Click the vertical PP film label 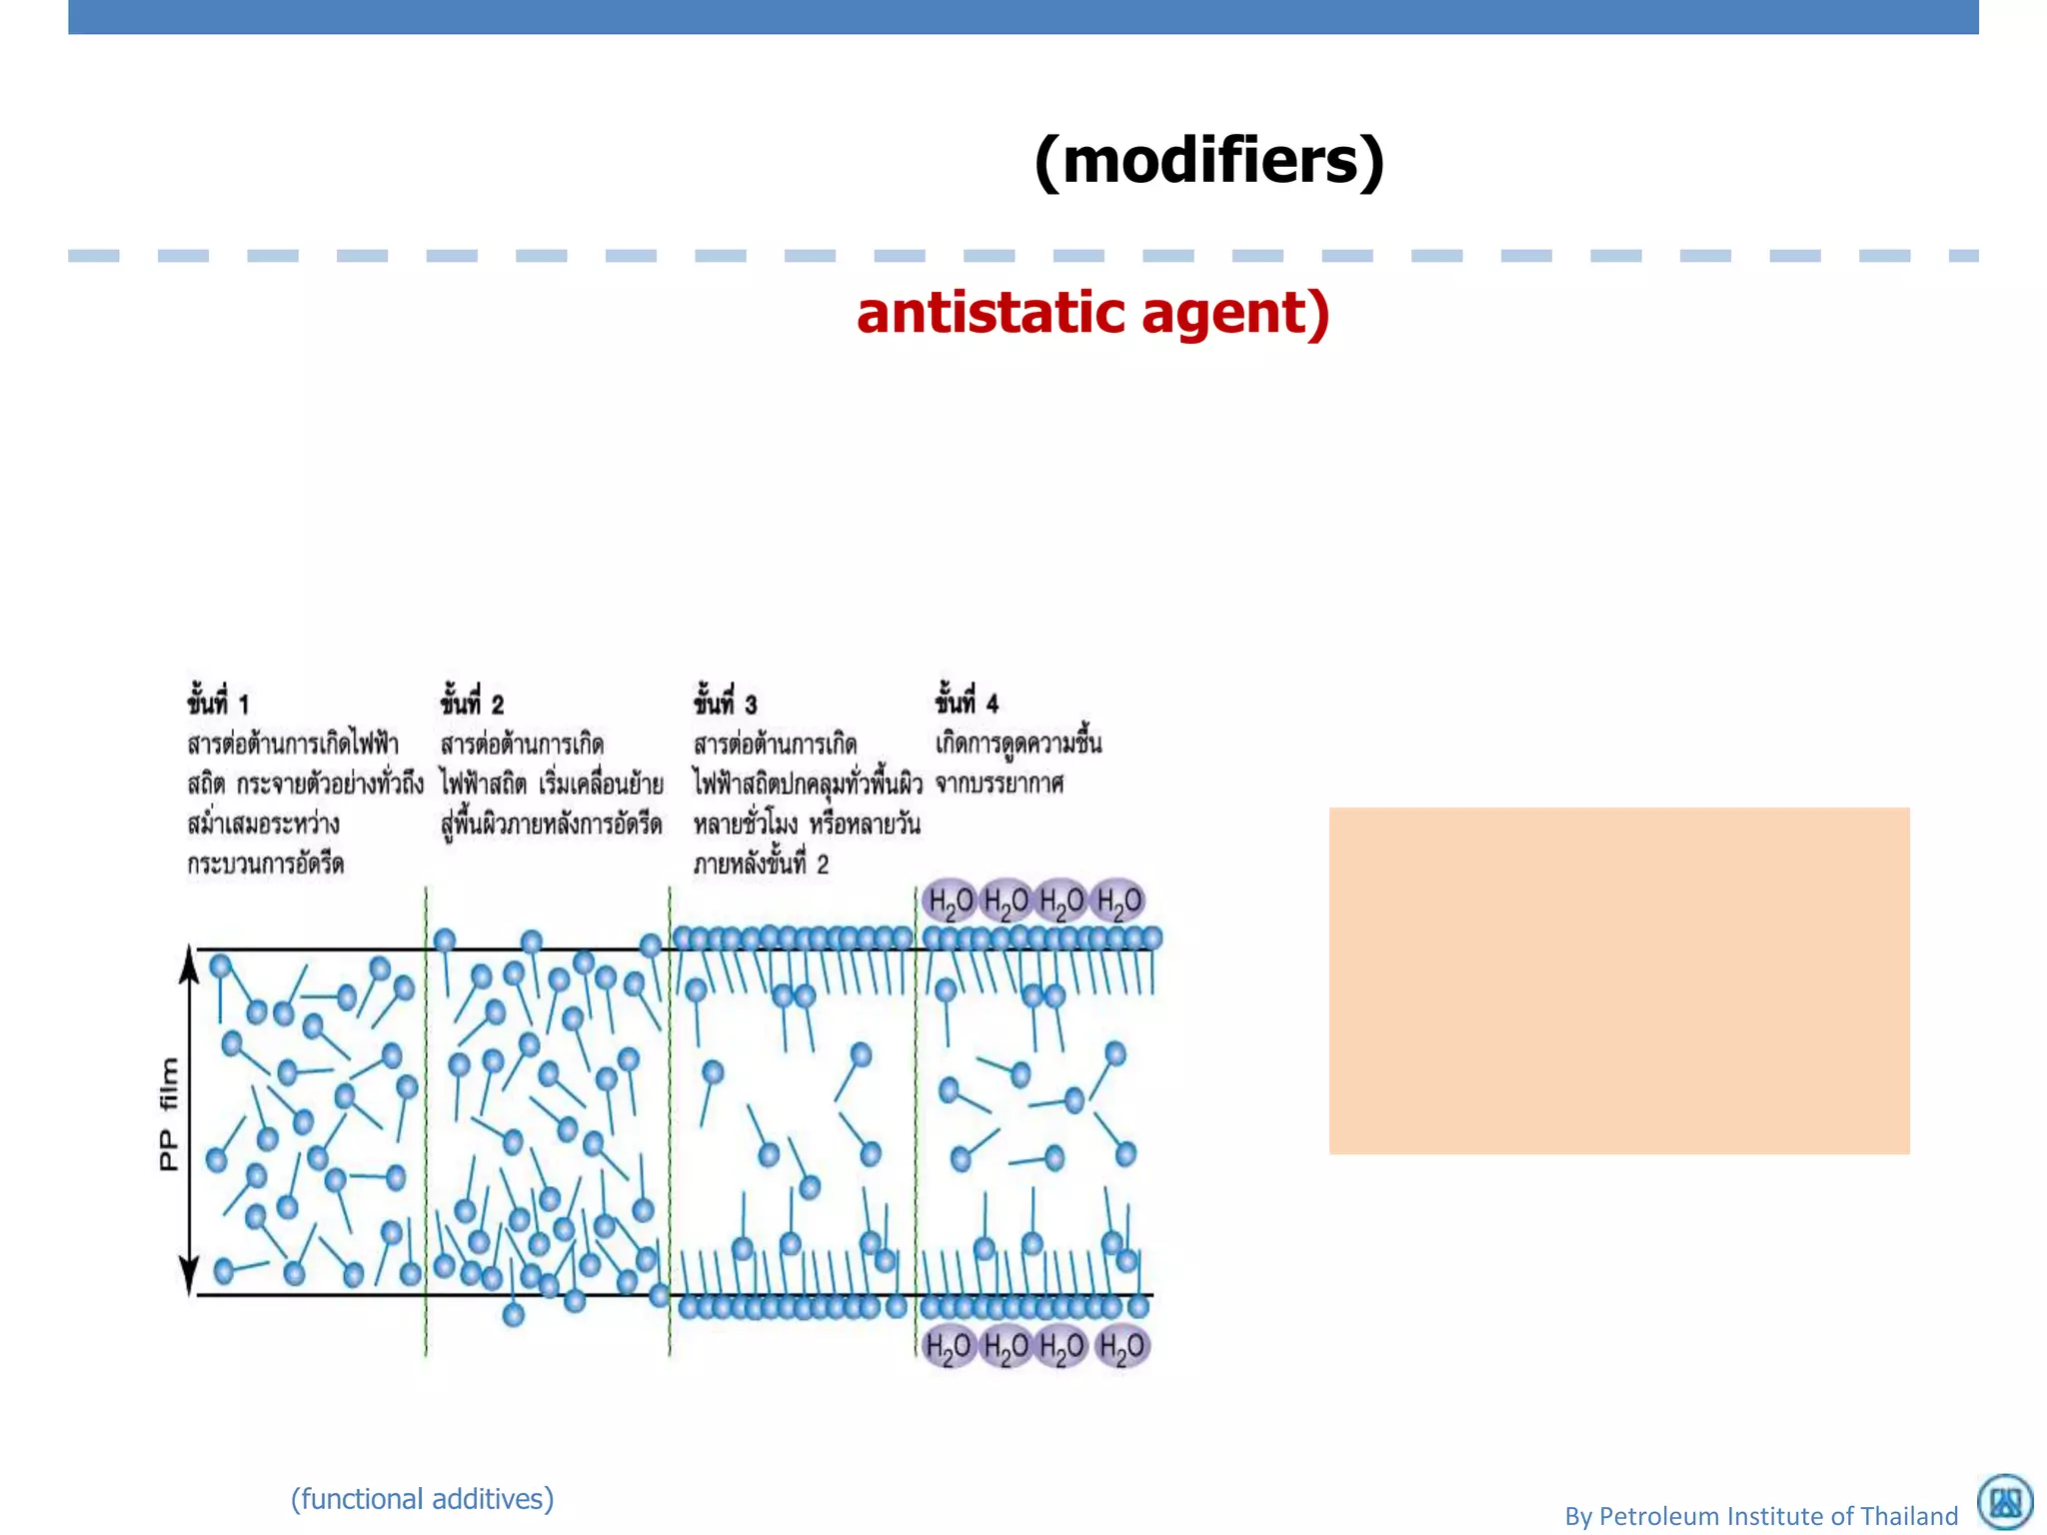tap(169, 1114)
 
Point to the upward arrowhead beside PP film tap(189, 965)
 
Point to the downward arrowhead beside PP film tap(189, 1275)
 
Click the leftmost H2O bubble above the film tap(950, 901)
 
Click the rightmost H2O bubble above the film tap(1118, 901)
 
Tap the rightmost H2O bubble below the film tap(1121, 1347)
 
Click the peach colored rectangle tap(1618, 980)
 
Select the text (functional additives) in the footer tap(422, 1499)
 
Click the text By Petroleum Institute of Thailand tap(1761, 1516)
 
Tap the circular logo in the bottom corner tap(2005, 1502)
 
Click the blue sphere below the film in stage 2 tap(514, 1314)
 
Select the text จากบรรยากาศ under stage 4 tap(1000, 783)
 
